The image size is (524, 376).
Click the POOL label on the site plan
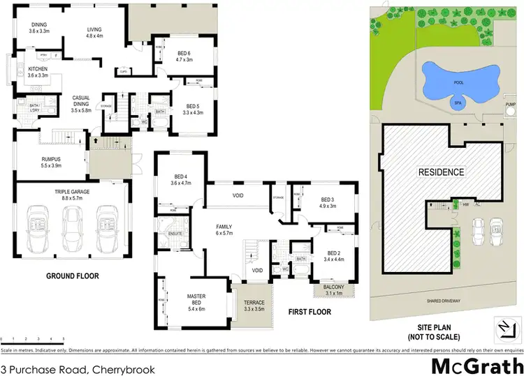pos(458,82)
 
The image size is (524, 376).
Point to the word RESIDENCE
pos(440,172)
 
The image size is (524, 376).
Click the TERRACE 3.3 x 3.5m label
pos(249,303)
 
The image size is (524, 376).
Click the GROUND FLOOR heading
pos(72,276)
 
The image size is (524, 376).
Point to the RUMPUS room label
pos(52,163)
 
